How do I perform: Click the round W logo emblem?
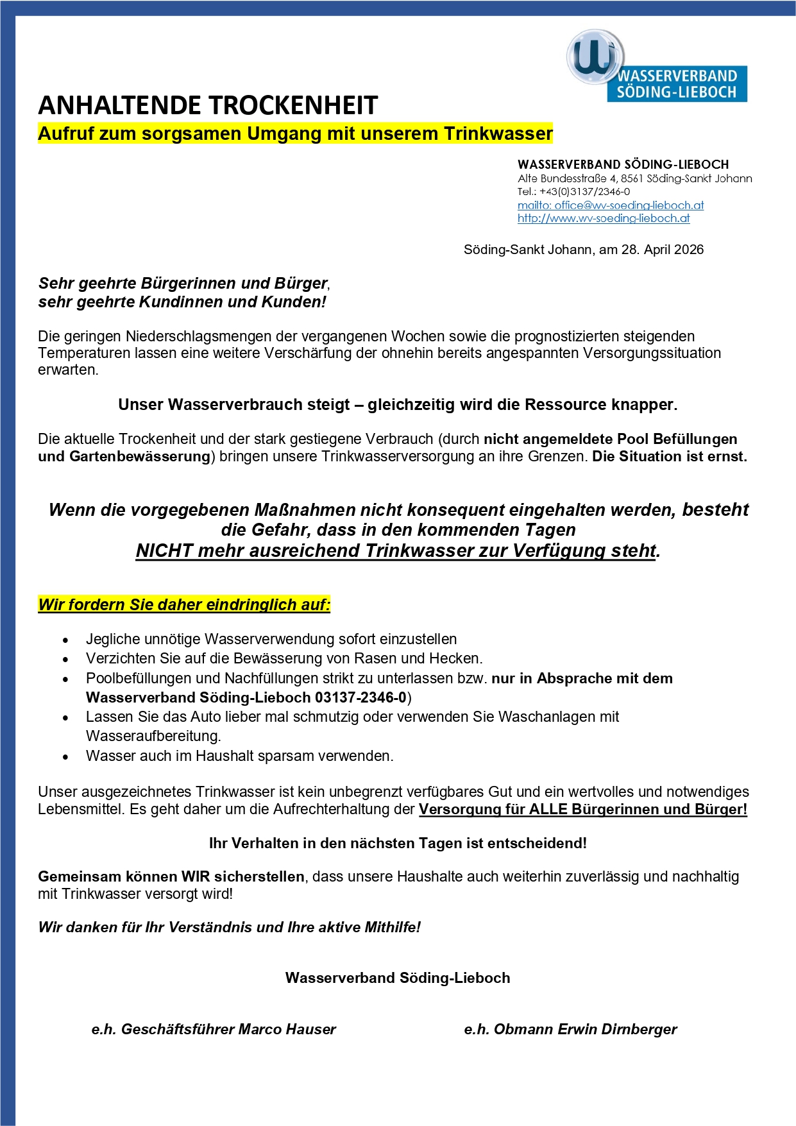tap(595, 56)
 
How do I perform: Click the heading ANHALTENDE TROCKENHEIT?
tap(208, 106)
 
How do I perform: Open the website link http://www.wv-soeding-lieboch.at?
tap(604, 218)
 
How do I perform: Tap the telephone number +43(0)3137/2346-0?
tap(584, 191)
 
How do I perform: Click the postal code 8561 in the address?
tap(632, 178)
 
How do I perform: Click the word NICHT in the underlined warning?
tap(164, 551)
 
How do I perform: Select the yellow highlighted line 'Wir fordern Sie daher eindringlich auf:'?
tap(184, 604)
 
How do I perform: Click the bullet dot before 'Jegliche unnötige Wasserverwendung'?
tap(65, 640)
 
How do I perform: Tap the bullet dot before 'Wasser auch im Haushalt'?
tap(65, 757)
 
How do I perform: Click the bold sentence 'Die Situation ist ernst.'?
tap(670, 457)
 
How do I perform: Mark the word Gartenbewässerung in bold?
tap(139, 457)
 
